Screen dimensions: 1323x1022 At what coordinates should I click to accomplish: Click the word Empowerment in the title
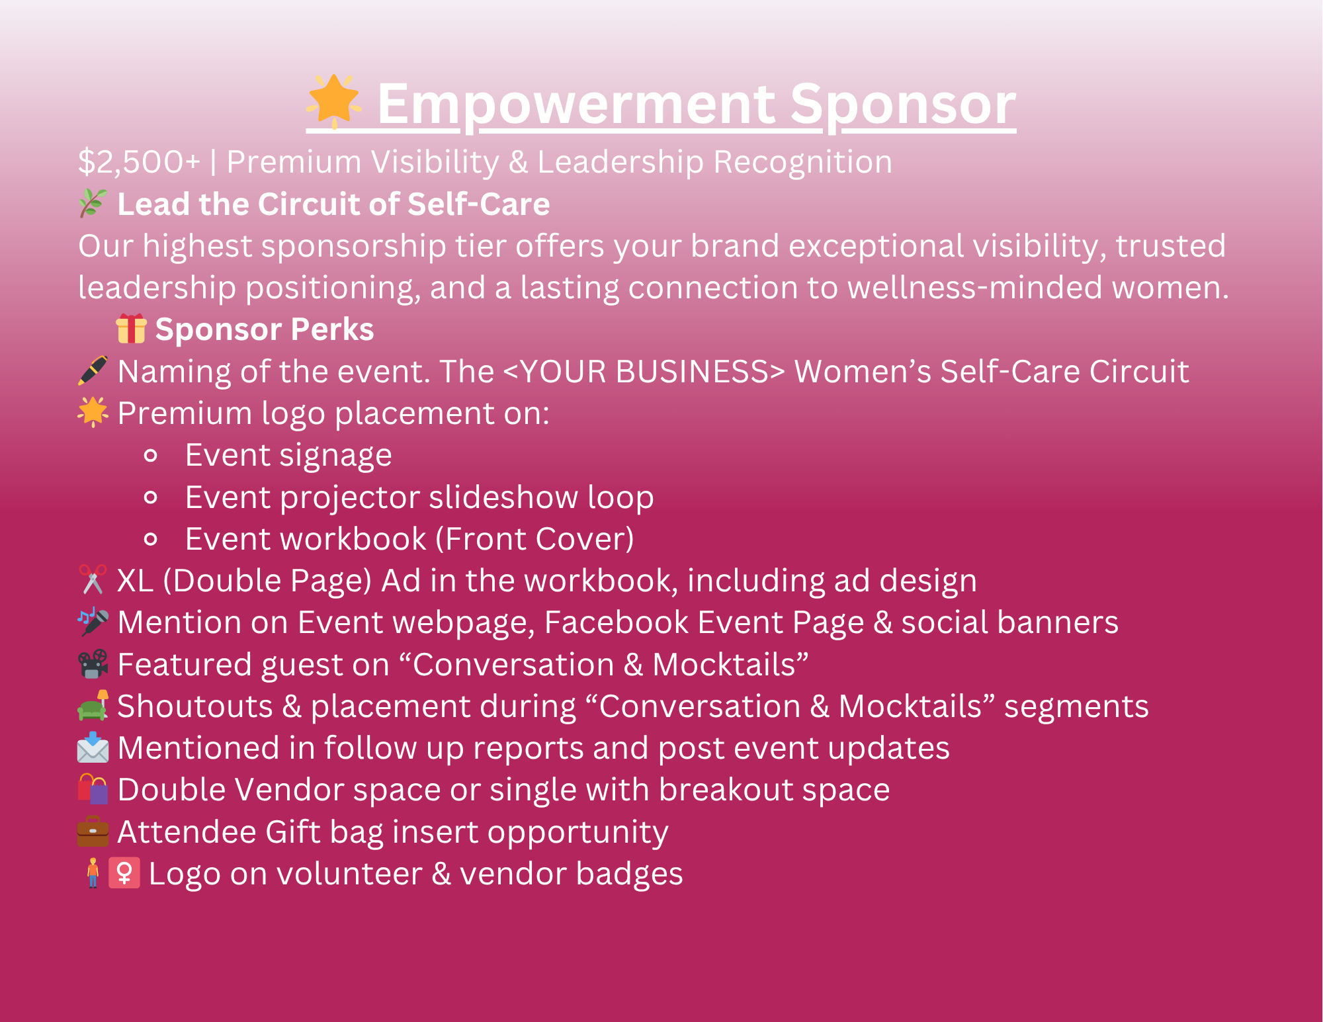tap(576, 105)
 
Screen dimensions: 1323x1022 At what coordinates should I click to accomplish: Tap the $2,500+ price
tap(139, 162)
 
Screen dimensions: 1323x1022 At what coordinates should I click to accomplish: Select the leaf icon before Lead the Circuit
tap(93, 203)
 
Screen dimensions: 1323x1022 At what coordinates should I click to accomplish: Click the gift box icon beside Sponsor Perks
tap(131, 328)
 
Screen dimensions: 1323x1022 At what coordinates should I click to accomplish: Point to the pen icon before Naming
tap(93, 370)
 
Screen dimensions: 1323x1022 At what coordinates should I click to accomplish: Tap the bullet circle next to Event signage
tap(151, 455)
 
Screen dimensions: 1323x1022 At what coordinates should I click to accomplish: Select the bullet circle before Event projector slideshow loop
tap(151, 497)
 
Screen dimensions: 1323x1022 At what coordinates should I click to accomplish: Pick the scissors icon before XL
tap(93, 579)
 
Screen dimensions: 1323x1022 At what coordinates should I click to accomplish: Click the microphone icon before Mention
tap(93, 622)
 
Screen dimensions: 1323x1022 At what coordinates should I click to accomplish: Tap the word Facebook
tap(617, 622)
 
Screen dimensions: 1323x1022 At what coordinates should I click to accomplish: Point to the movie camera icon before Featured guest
tap(93, 664)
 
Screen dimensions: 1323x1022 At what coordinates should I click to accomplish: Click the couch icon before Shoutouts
tap(93, 705)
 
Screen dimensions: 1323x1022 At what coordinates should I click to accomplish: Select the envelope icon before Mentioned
tap(93, 747)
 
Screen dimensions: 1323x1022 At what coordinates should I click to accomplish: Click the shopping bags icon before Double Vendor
tap(93, 789)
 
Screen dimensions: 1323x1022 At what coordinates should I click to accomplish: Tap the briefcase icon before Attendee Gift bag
tap(93, 831)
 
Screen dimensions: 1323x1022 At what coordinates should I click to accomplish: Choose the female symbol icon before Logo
tap(124, 873)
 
